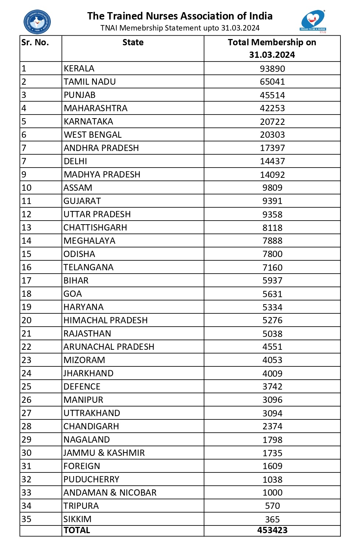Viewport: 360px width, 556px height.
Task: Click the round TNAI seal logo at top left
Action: [37, 22]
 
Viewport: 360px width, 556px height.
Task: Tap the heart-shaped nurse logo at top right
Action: [313, 21]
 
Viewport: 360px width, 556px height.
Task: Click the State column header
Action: [133, 42]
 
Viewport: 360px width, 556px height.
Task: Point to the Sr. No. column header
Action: [35, 42]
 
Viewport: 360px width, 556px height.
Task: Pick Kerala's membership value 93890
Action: [272, 69]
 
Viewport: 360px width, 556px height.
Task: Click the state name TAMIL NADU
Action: [90, 82]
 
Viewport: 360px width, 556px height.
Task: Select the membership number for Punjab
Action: [272, 95]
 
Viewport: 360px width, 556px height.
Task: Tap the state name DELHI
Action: [75, 161]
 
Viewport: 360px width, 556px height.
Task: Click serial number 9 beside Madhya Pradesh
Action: [24, 175]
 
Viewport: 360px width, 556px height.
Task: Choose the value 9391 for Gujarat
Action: [272, 201]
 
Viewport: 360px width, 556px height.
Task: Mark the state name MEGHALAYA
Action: [89, 241]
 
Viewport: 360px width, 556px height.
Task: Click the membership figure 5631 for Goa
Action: [272, 294]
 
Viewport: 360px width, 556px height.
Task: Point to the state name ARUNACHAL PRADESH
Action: [109, 347]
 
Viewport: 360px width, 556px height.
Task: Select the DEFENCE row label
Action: [82, 387]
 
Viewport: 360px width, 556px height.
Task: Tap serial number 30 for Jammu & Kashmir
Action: [27, 453]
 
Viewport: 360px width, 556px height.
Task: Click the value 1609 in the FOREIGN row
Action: [272, 466]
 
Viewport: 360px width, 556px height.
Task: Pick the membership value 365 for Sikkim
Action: [272, 519]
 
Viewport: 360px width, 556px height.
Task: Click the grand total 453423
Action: [272, 530]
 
